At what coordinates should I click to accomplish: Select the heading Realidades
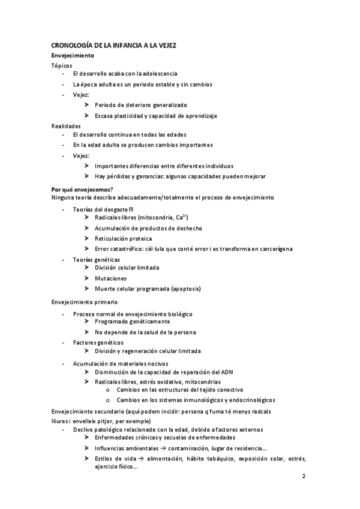(x=65, y=125)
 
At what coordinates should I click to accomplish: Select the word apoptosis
(x=184, y=288)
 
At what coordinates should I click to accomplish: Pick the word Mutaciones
(x=110, y=279)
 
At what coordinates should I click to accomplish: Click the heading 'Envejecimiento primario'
(x=85, y=302)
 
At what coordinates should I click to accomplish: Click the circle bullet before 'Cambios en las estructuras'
(x=107, y=390)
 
